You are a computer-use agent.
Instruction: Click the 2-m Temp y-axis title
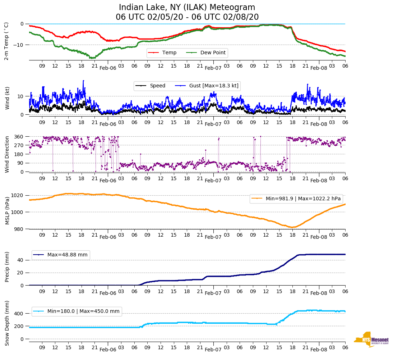(x=6, y=41)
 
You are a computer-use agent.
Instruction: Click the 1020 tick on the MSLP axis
(x=18, y=195)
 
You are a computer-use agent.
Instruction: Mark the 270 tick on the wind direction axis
(x=19, y=145)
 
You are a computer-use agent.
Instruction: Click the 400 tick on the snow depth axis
(x=19, y=314)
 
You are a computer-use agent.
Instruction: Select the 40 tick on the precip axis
(x=20, y=260)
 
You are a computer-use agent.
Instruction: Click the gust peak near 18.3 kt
(x=83, y=81)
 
